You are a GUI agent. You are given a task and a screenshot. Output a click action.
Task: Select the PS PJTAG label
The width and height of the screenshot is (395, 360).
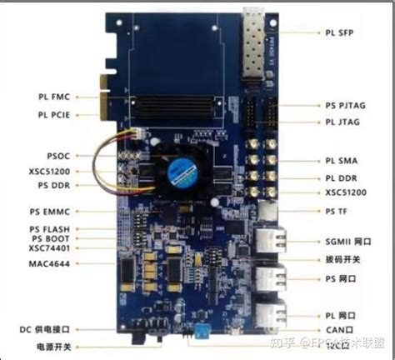[346, 107]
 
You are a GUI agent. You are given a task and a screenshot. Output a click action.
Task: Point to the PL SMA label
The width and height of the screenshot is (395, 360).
[342, 160]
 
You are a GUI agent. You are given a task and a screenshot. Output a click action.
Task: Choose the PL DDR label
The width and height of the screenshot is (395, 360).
[342, 177]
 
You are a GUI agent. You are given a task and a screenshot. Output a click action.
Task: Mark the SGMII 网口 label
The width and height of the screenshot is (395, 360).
[347, 240]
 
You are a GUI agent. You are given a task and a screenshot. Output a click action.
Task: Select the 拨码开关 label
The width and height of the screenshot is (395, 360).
[342, 258]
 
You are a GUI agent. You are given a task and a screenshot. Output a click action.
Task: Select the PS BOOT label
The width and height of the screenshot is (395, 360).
[55, 238]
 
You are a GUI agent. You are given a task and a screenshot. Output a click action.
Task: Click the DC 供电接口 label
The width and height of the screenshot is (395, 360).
[49, 329]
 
